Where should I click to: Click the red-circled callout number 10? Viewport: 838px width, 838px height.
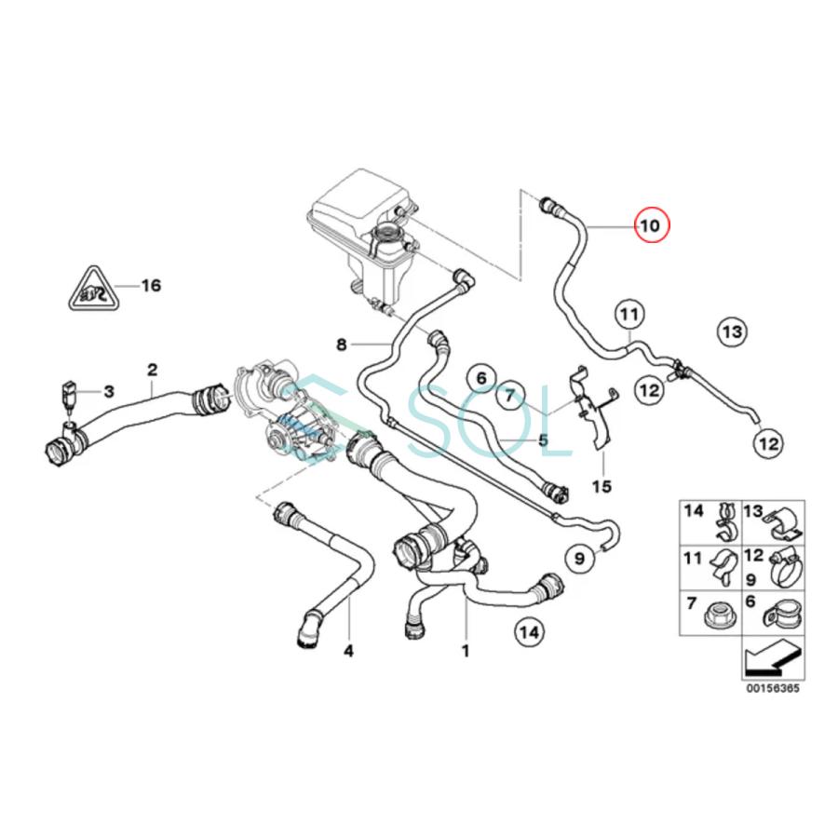(x=650, y=226)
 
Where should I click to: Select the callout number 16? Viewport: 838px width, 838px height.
(x=150, y=285)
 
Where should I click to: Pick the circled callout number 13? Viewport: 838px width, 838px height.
(x=732, y=331)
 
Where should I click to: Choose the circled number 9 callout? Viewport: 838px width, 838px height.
(x=578, y=559)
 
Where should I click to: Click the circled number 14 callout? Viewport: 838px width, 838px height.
(x=529, y=633)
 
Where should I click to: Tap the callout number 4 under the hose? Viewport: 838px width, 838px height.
(x=348, y=650)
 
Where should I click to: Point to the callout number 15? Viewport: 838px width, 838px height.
(x=602, y=486)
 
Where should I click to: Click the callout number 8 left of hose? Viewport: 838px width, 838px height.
(x=341, y=345)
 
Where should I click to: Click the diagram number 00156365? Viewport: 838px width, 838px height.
(x=772, y=690)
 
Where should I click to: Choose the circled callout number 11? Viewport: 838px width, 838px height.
(x=628, y=315)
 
